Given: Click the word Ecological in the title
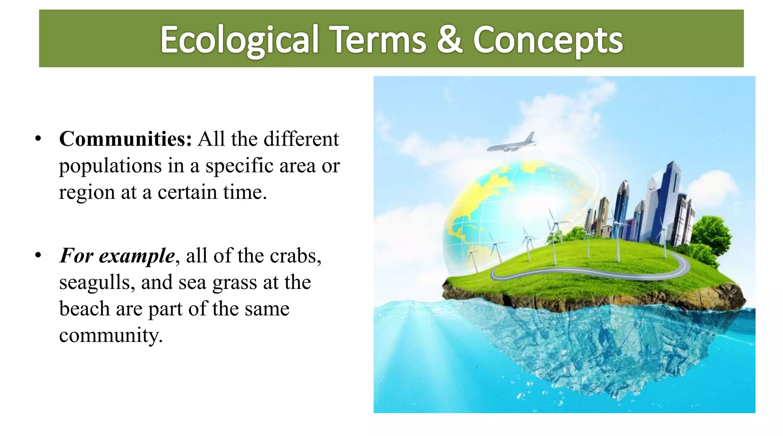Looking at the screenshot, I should point(239,40).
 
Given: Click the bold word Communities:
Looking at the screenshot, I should point(125,139).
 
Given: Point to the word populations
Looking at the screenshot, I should point(110,166).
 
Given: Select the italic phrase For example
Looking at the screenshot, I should point(117,256).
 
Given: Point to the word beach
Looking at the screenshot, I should point(84,309).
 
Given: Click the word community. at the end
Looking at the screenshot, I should point(111,336).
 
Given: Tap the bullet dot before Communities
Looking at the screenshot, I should point(38,139).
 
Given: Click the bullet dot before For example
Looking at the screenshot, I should point(38,256).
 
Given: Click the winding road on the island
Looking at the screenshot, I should point(596,272).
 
